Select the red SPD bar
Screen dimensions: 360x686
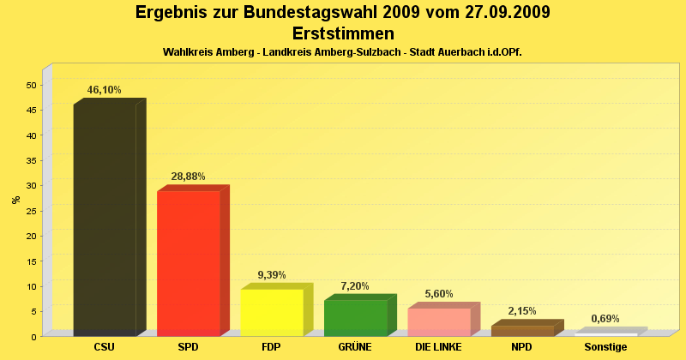pyautogui.click(x=189, y=261)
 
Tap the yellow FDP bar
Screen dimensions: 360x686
pyautogui.click(x=272, y=312)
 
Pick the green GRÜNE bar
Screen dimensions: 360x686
pyautogui.click(x=355, y=317)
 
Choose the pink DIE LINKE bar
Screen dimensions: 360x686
pyautogui.click(x=439, y=321)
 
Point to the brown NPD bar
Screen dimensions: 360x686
pyautogui.click(x=522, y=330)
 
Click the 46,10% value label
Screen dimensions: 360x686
pyautogui.click(x=105, y=90)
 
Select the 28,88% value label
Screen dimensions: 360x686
pyautogui.click(x=189, y=177)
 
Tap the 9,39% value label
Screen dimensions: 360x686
pyautogui.click(x=272, y=275)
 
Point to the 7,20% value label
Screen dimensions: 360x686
pyautogui.click(x=355, y=285)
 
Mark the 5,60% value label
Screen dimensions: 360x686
pyautogui.click(x=439, y=294)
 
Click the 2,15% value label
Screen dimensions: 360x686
pyautogui.click(x=522, y=311)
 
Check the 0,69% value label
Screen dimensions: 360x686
pyautogui.click(x=605, y=319)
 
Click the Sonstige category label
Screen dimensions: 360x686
pyautogui.click(x=605, y=347)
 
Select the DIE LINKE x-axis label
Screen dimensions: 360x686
pyautogui.click(x=438, y=347)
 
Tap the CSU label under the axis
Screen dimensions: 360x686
pyautogui.click(x=105, y=347)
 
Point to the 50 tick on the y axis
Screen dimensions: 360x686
pyautogui.click(x=31, y=85)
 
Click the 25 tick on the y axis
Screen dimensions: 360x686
pyautogui.click(x=31, y=211)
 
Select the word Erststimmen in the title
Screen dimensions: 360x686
pyautogui.click(x=343, y=33)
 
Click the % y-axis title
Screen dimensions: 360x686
pyautogui.click(x=16, y=200)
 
